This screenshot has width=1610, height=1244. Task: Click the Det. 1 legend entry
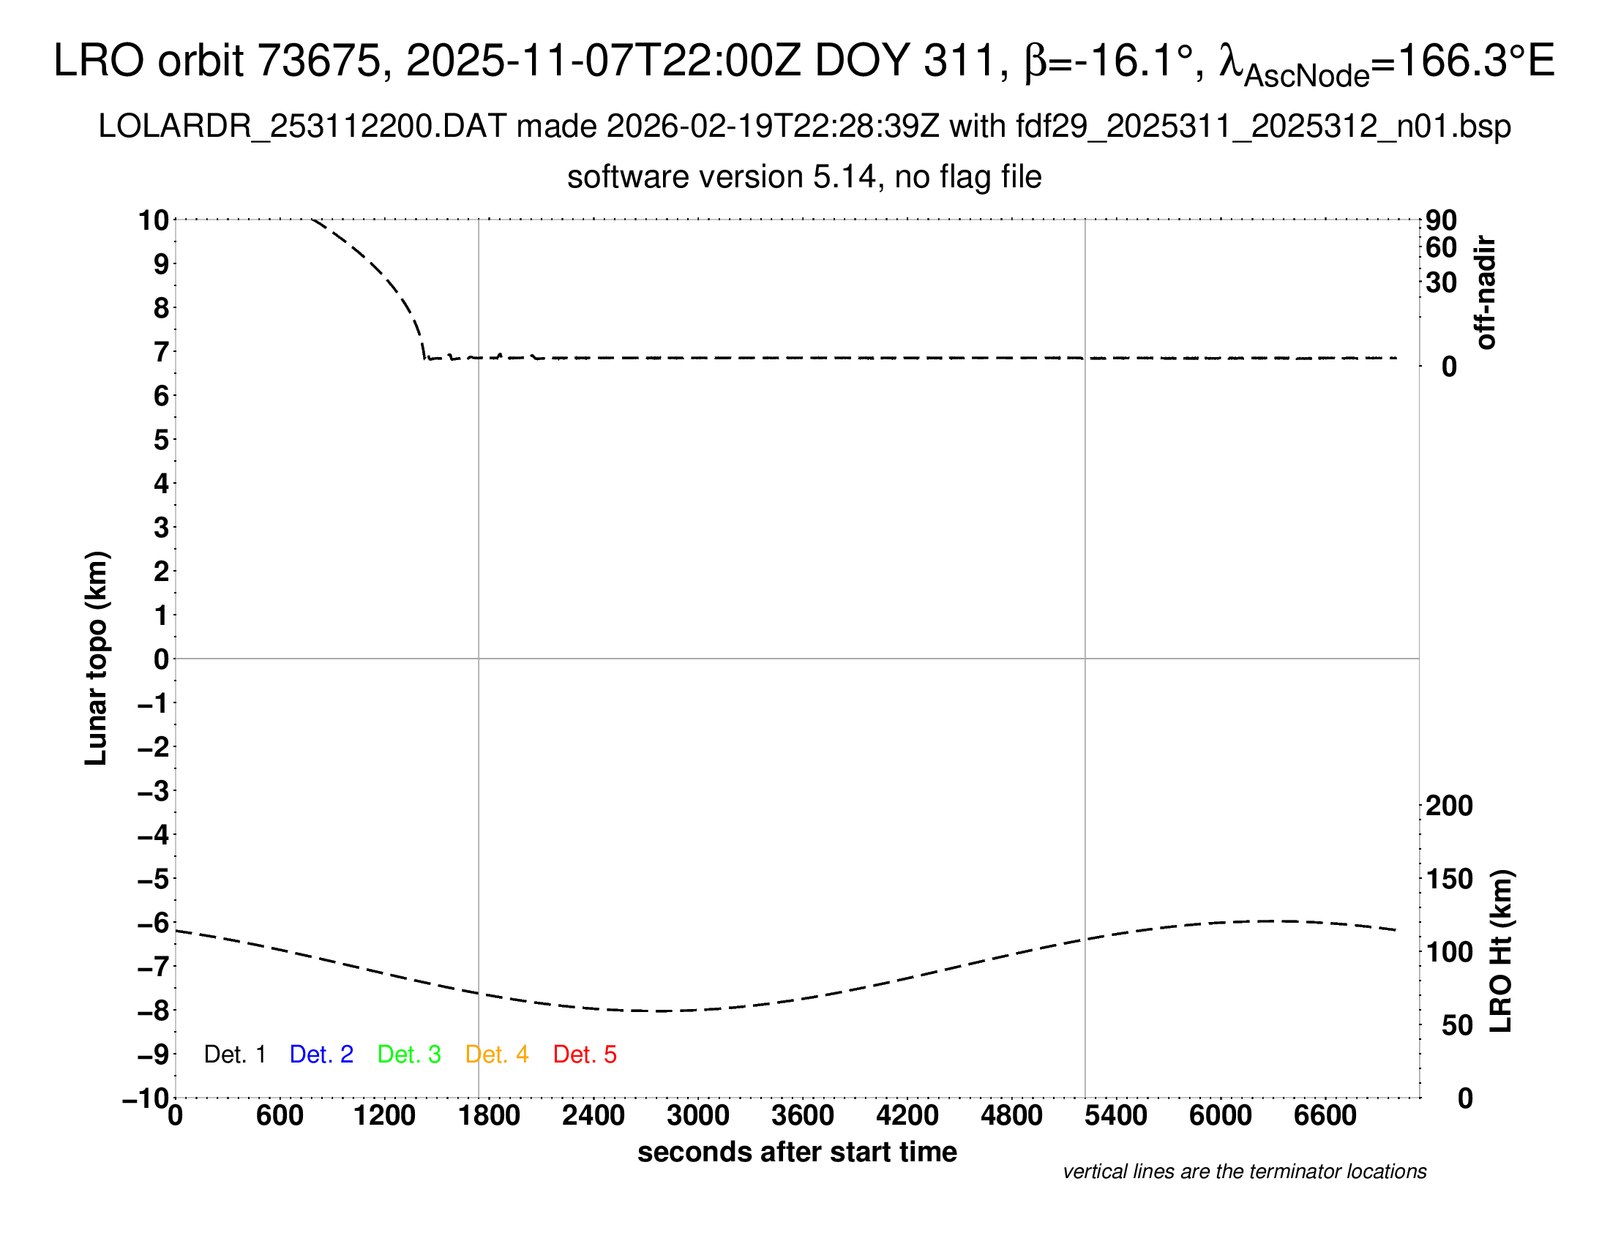point(234,1054)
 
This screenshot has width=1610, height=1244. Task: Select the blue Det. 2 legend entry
point(321,1054)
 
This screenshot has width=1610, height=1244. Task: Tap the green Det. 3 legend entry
point(409,1054)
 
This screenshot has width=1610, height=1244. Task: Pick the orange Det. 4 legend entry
point(497,1054)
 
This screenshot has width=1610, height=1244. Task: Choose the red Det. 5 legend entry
point(585,1054)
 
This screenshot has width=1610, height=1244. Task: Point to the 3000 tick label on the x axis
point(698,1116)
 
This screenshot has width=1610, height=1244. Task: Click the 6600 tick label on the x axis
point(1325,1116)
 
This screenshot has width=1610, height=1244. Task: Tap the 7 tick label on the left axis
point(162,352)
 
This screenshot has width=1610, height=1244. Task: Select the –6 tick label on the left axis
point(154,923)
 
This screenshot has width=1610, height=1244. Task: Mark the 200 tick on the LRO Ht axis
point(1449,806)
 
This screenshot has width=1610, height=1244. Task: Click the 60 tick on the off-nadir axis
point(1441,247)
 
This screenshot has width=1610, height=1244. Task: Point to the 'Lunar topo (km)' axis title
point(97,658)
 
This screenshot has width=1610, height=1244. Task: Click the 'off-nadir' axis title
point(1486,293)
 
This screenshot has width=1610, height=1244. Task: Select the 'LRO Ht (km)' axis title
point(1501,951)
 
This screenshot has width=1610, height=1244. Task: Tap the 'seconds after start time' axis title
point(797,1152)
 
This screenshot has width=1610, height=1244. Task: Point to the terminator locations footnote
point(1244,1172)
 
